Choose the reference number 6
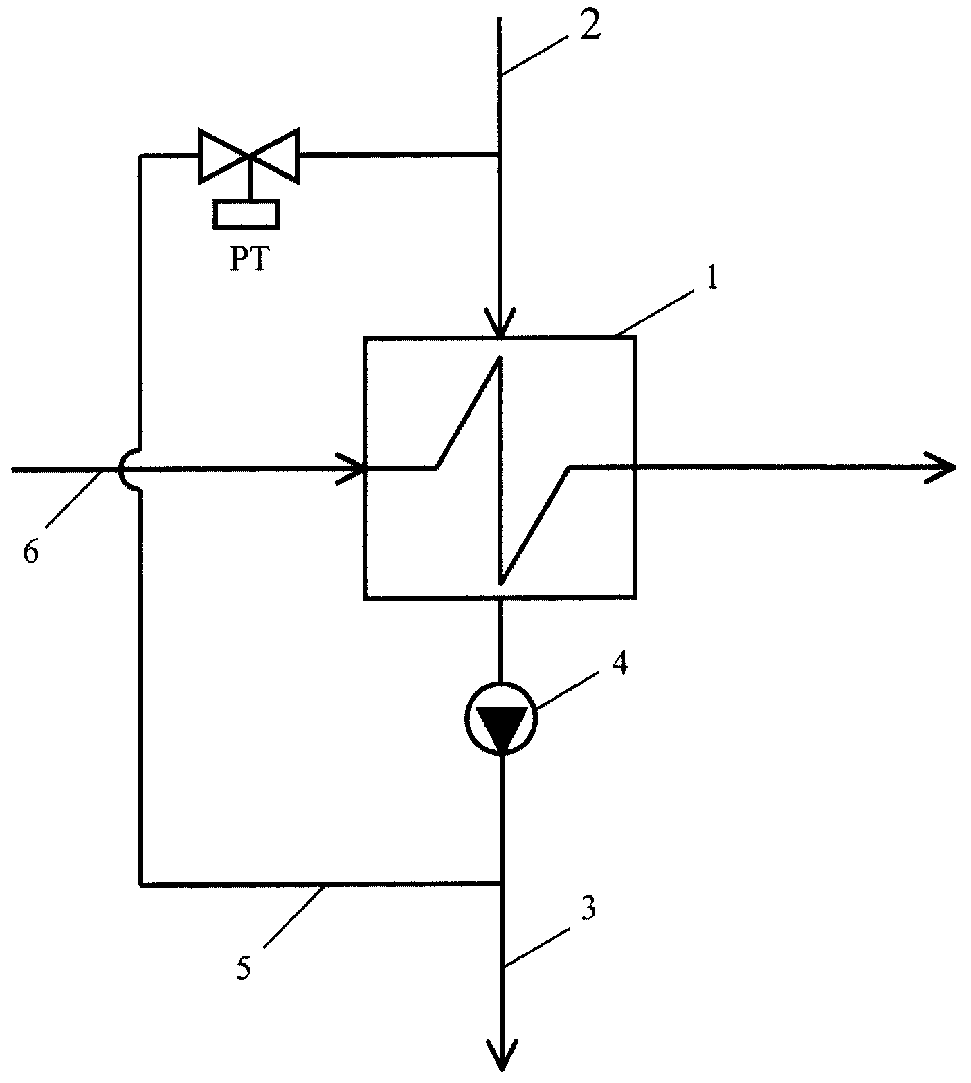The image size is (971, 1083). (x=32, y=552)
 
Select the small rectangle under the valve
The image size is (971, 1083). (x=247, y=213)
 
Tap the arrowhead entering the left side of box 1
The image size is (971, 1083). (x=351, y=468)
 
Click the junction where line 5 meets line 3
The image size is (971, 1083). (x=500, y=884)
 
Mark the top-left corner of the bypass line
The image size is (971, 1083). (x=140, y=156)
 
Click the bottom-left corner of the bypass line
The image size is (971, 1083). (x=140, y=884)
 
